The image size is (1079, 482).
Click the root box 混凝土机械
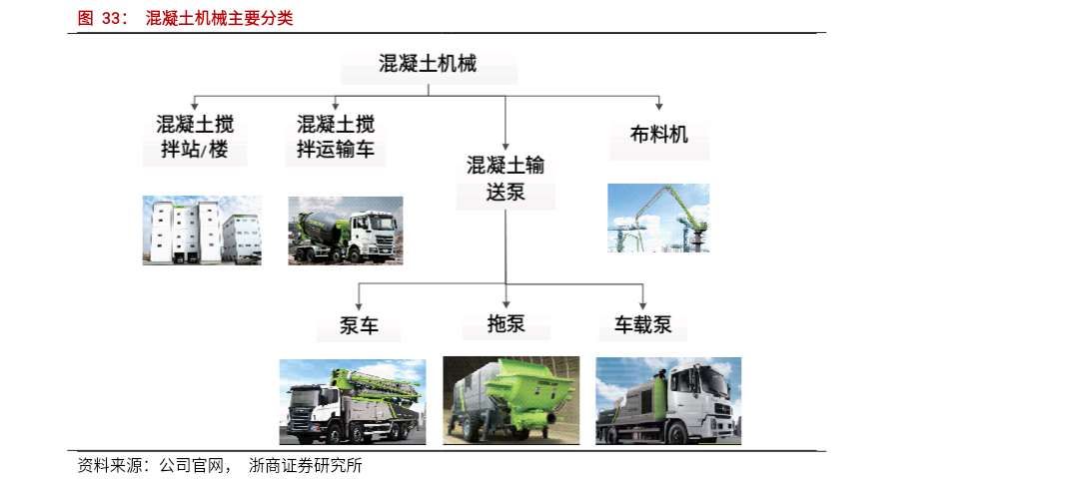tap(429, 66)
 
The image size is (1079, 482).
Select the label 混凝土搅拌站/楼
tap(196, 138)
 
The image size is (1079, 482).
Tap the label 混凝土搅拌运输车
tap(336, 138)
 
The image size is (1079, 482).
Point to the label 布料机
tap(659, 134)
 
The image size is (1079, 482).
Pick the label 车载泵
tap(642, 325)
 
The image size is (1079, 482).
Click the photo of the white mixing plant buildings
tap(202, 230)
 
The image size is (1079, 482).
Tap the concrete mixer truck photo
tap(346, 231)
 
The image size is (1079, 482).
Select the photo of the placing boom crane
tap(658, 218)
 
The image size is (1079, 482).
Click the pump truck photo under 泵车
tap(353, 402)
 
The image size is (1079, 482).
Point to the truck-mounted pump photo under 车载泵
tap(668, 400)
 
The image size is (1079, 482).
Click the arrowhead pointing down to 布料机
tap(659, 105)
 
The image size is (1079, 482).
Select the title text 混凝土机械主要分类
tap(219, 18)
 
